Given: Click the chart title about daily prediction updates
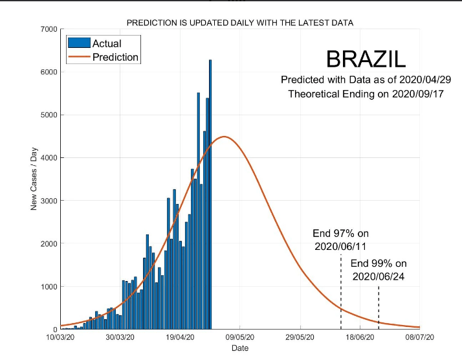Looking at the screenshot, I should [240, 23].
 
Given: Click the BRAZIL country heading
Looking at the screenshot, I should [366, 59].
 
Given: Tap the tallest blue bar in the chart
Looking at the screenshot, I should [210, 194].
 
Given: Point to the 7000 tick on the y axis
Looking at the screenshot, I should [49, 29].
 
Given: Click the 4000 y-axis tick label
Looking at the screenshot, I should [49, 158].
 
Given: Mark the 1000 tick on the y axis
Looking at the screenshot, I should [49, 287].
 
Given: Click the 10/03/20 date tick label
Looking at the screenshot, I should [60, 337].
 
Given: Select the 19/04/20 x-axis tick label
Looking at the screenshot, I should [180, 337].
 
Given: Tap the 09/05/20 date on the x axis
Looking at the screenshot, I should [240, 337].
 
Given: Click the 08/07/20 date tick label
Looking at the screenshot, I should [420, 337].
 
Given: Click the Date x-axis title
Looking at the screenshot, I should [240, 348].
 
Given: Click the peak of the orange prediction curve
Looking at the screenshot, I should [224, 137].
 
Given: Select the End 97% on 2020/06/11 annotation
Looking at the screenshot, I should [340, 240].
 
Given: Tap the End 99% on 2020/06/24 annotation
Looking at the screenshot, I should [379, 270].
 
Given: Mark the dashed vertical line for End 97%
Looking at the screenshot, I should [341, 291].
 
